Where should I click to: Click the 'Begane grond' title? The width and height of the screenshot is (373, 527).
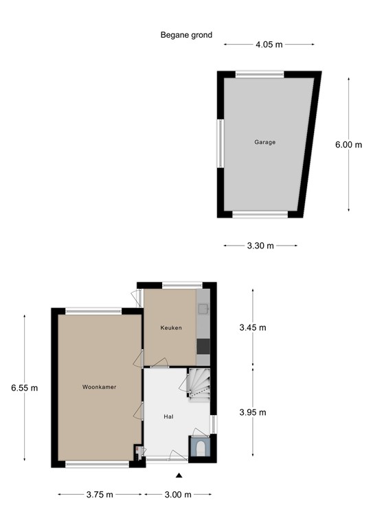pos(186,35)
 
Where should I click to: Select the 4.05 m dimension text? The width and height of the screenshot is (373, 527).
pos(269,45)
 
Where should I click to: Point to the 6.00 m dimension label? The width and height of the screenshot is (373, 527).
pos(348,145)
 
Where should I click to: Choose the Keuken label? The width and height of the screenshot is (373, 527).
pos(171,328)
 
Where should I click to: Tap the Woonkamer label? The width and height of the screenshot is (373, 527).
pos(99,387)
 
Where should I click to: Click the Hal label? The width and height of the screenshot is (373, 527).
pos(168,417)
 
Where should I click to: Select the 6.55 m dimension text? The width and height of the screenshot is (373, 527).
pos(24,388)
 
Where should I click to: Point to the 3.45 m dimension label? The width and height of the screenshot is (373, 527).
pos(252,328)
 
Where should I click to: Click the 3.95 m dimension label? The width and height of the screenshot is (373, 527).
pos(252,412)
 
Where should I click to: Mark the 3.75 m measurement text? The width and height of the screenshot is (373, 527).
pos(100,495)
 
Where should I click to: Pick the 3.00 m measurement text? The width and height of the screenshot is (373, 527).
pos(177,495)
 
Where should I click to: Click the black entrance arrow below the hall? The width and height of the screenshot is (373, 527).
pos(179,476)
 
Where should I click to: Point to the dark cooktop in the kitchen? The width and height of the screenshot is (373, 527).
pos(203,347)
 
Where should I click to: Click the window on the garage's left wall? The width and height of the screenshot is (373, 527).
pos(221,143)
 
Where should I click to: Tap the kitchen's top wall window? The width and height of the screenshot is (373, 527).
pos(182,283)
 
